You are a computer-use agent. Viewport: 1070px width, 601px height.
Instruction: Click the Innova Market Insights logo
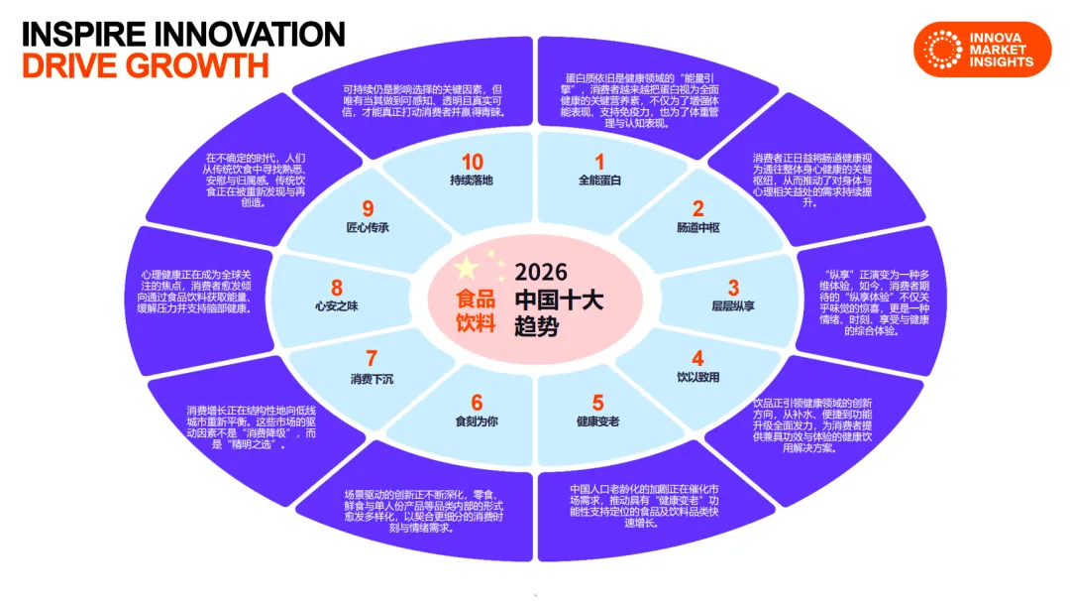point(982,49)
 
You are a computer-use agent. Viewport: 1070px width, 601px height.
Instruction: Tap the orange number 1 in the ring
point(598,162)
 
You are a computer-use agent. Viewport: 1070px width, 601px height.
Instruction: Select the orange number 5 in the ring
point(597,403)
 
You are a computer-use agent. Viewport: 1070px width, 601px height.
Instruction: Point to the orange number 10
point(472,162)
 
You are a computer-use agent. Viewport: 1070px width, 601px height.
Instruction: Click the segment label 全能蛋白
point(598,181)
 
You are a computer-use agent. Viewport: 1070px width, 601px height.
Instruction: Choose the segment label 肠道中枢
point(697,228)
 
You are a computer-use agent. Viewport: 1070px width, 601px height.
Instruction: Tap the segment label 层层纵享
point(733,306)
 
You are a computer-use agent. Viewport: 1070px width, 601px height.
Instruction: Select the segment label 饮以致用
point(697,378)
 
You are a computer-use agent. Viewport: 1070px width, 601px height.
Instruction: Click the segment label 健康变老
point(597,421)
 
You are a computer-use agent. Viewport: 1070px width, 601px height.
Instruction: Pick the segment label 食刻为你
point(477,421)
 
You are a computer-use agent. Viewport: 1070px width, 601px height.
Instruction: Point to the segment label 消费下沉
point(372,378)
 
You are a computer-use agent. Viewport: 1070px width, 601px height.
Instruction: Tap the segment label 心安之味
point(336,306)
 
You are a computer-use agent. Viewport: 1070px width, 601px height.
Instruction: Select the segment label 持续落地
point(472,181)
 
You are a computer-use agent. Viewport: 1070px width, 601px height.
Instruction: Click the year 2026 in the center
point(541,272)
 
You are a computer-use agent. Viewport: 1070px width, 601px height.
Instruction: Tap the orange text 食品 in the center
point(476,298)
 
